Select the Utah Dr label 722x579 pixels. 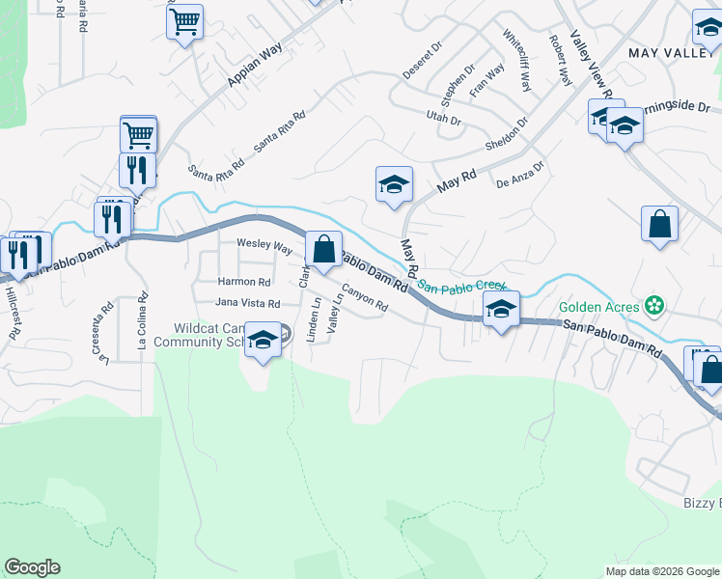click(x=444, y=120)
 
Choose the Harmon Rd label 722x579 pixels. click(x=244, y=282)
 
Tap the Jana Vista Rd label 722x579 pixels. click(x=247, y=303)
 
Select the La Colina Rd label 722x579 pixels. click(x=143, y=327)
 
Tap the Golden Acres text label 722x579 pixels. click(x=598, y=308)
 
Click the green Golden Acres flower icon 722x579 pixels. click(x=655, y=306)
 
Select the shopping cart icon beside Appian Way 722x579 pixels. click(x=184, y=20)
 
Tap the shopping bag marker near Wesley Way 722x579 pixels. click(x=323, y=248)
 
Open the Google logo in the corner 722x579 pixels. click(x=32, y=567)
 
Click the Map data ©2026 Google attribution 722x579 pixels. click(x=661, y=571)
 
